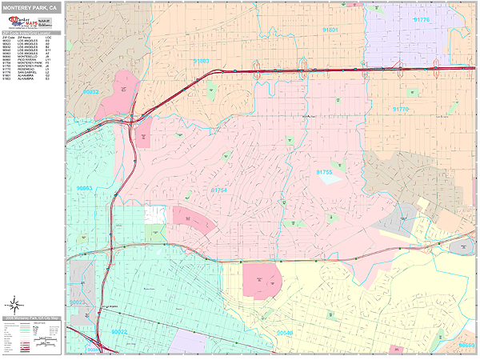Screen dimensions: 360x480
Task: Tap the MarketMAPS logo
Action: coord(23,22)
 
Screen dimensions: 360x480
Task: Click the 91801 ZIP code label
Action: coord(330,29)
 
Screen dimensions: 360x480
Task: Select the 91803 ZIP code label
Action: coord(201,61)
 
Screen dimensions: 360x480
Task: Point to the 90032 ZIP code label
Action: coord(90,92)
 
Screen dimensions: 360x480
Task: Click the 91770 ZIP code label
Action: coord(400,109)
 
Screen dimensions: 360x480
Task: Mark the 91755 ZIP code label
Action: coord(324,172)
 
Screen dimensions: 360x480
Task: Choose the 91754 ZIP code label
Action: coord(218,190)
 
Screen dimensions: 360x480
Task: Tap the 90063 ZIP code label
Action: coord(84,188)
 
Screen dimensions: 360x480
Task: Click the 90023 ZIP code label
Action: coord(77,302)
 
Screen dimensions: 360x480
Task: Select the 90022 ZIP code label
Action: coord(120,331)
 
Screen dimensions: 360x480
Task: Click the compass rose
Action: coord(14,303)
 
